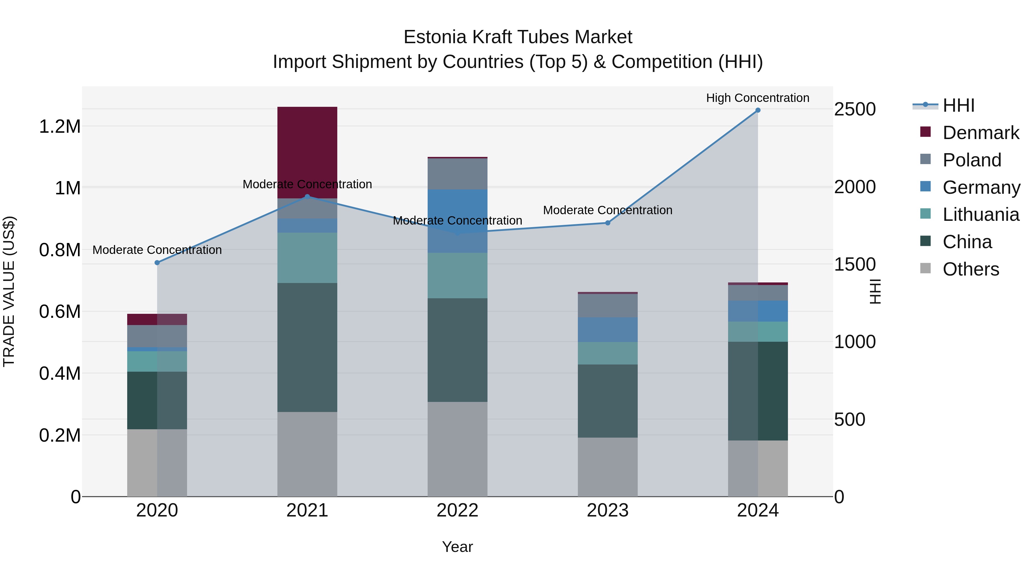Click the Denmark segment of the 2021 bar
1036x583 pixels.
[x=307, y=153]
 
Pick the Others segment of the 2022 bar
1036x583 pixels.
[x=457, y=449]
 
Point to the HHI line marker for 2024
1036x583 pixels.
[x=758, y=110]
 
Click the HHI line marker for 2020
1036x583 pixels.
[x=157, y=263]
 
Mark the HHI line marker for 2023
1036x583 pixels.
[x=608, y=223]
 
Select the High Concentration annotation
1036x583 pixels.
[x=758, y=98]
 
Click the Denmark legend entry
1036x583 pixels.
[x=980, y=133]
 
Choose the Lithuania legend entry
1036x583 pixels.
[x=980, y=214]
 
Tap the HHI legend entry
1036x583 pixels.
[x=958, y=105]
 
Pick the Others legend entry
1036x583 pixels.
[x=970, y=269]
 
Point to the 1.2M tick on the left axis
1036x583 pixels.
[x=60, y=127]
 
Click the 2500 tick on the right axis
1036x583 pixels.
[x=855, y=109]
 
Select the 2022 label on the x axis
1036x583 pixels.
[x=457, y=510]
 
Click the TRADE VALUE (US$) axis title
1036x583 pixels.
[x=9, y=291]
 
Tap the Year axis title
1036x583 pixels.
[x=457, y=547]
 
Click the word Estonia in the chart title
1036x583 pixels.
[x=435, y=37]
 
